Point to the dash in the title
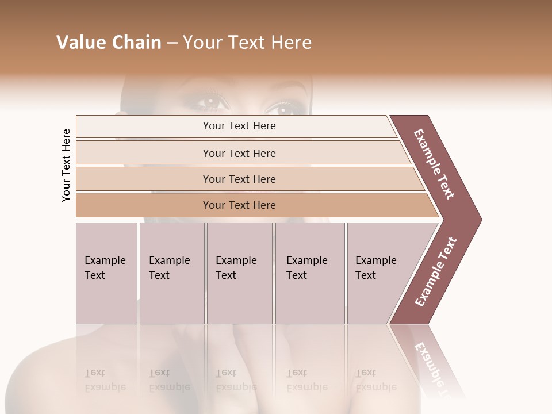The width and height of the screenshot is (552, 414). point(171,43)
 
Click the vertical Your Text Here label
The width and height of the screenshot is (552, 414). point(66,166)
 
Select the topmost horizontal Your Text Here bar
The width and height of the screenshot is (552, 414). point(239,126)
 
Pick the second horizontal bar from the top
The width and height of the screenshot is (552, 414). point(239,153)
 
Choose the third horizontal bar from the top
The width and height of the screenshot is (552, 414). point(239,179)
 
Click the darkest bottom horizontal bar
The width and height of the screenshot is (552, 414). point(239,205)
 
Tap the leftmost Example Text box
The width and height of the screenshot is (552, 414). point(106,273)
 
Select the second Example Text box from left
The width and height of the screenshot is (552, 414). point(171,273)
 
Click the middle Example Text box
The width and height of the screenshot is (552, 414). point(239,273)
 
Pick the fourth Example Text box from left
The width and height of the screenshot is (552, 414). point(309,273)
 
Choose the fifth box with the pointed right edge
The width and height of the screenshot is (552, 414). point(382,273)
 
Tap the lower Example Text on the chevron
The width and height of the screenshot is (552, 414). point(436,271)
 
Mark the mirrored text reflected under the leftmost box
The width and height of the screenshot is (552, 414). point(105,380)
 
